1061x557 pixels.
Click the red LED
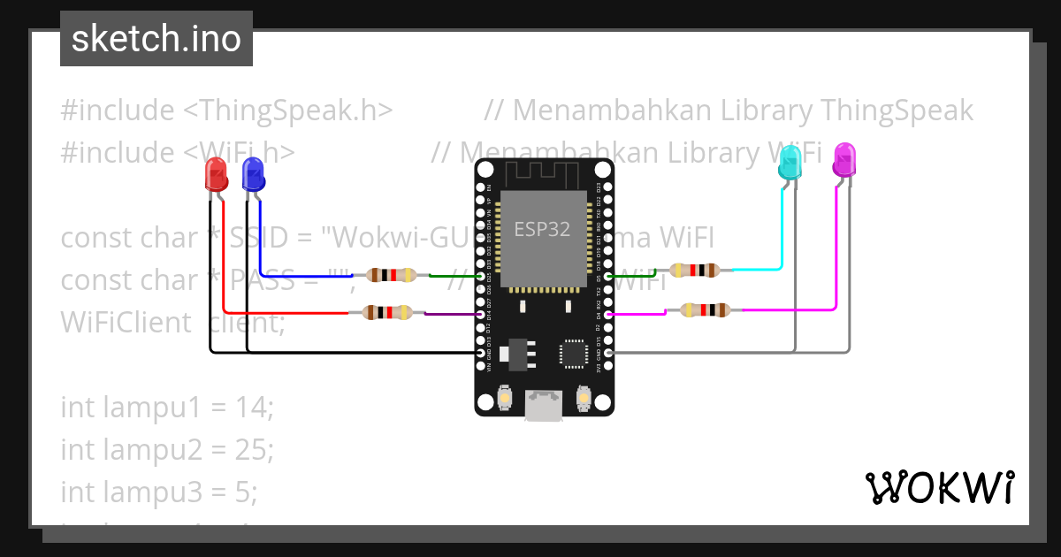[216, 175]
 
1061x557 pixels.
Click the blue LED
[253, 174]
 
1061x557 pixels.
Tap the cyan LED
[789, 164]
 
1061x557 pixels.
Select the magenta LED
[844, 161]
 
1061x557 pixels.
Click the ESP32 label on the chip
[542, 230]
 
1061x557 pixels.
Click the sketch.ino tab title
[156, 39]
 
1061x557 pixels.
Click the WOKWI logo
[938, 487]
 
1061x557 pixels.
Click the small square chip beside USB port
[573, 353]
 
